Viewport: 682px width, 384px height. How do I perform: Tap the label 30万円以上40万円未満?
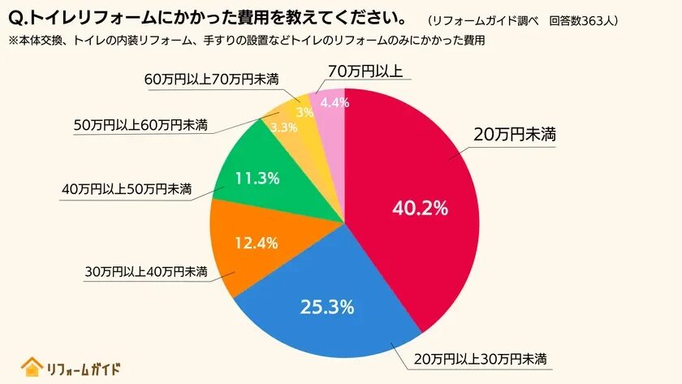145,270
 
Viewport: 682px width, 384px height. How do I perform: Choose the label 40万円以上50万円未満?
126,190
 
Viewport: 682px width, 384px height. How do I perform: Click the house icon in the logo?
32,367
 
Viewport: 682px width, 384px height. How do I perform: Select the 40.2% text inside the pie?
420,208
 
